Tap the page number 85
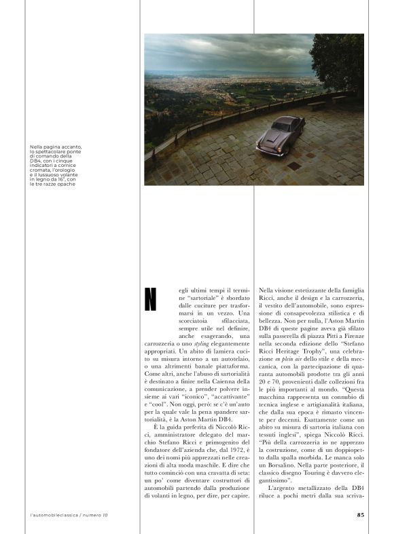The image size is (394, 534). (360, 514)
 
